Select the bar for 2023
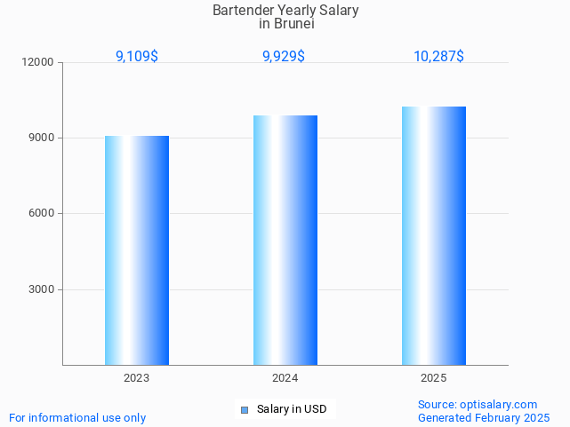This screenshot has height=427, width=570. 137,250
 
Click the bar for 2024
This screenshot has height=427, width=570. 285,240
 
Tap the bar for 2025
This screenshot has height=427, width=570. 434,235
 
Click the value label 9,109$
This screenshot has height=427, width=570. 137,57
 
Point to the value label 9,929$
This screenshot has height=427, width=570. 284,57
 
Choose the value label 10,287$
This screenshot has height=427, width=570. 438,57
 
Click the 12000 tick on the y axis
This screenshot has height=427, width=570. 39,62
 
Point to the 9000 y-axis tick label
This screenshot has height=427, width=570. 42,138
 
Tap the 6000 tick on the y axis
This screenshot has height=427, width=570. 42,214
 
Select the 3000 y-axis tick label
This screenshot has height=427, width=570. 42,289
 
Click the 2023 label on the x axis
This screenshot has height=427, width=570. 137,378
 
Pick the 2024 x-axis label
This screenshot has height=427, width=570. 285,378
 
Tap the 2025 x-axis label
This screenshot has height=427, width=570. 433,378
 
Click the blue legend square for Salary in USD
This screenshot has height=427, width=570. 245,409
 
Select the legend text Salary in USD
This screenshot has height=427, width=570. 292,409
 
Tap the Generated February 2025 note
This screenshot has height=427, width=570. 484,417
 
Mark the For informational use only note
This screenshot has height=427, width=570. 77,417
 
